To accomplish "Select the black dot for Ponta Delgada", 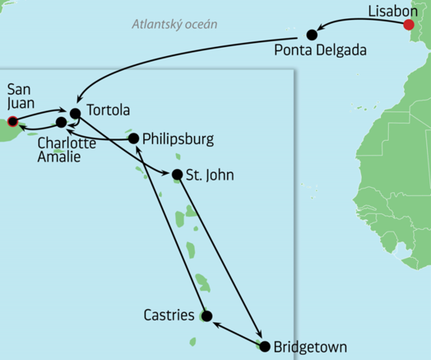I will point(312,34).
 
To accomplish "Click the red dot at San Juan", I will point(12,121).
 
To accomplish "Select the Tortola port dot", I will point(75,113).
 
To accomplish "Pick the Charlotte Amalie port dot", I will point(61,122).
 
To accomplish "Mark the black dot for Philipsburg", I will point(134,138).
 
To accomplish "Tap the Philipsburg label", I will point(179,140).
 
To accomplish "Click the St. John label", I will point(209,175).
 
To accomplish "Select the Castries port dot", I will point(206,315).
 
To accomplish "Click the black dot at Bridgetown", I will point(266,346).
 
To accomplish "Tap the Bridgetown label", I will point(309,347).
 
